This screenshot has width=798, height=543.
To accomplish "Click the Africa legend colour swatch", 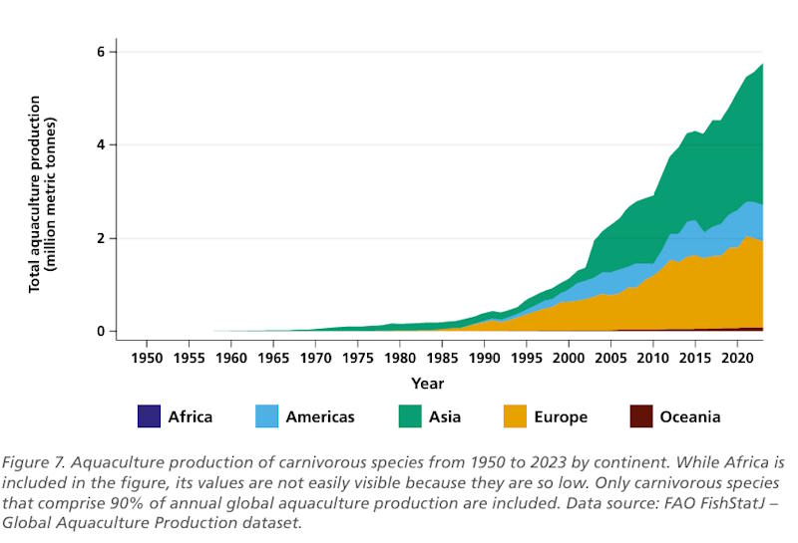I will (x=149, y=415).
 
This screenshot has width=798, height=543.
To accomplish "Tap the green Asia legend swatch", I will (x=410, y=415).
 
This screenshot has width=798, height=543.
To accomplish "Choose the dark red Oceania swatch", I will (x=641, y=415).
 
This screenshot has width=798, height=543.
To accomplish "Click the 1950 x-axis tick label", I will (x=147, y=357).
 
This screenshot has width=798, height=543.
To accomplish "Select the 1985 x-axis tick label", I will (x=442, y=357).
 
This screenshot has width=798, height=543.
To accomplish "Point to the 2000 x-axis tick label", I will (x=568, y=357).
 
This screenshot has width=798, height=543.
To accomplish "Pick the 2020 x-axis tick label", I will (x=736, y=357).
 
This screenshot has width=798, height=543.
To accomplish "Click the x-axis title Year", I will (x=427, y=384).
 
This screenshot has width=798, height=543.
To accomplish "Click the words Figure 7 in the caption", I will (x=37, y=462).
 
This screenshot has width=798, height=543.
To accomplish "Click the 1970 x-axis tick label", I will (x=315, y=357).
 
